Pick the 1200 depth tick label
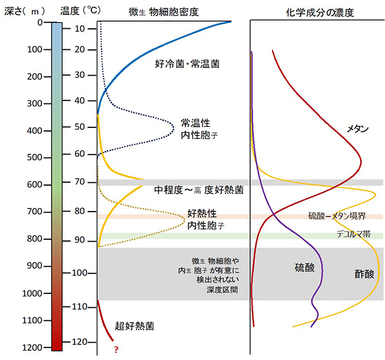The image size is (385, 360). pyautogui.click(x=29, y=348)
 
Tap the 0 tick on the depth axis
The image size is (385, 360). pyautogui.click(x=39, y=22)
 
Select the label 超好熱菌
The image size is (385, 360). pyautogui.click(x=135, y=327)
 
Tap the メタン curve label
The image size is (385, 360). pyautogui.click(x=357, y=129)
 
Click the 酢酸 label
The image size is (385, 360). pyautogui.click(x=364, y=274)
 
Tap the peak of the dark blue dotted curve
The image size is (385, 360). pyautogui.click(x=174, y=126)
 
